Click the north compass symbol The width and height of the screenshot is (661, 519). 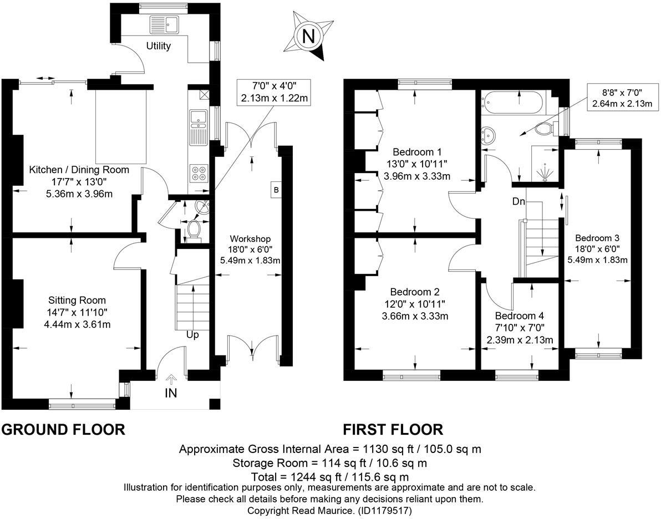click(309, 37)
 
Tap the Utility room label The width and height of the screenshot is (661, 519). click(158, 46)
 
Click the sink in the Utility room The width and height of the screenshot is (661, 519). click(165, 24)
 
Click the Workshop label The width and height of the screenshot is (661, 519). click(247, 238)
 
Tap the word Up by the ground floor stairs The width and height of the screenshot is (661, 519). click(192, 335)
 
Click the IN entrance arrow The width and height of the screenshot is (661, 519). click(171, 380)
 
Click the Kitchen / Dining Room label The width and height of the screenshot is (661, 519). click(79, 170)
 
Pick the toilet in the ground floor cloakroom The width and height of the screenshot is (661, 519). click(194, 230)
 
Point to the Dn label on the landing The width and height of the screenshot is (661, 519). click(518, 201)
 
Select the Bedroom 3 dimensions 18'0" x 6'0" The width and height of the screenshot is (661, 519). click(597, 249)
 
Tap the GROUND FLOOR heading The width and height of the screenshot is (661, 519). click(63, 430)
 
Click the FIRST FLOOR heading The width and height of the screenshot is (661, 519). click(393, 430)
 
